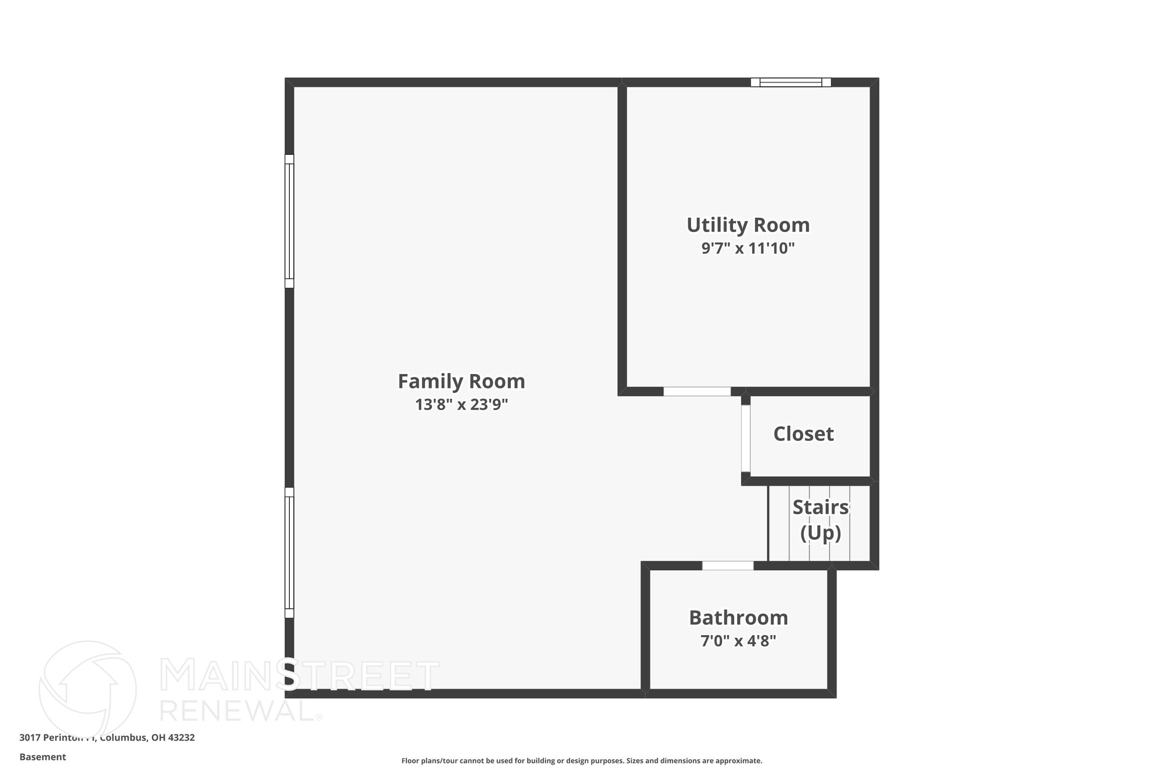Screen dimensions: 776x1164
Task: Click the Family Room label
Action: coord(461,381)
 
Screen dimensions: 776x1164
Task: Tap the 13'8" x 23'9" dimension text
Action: coord(461,405)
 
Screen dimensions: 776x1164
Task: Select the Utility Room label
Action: coord(748,225)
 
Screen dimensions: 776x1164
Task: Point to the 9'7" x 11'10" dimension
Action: coord(748,248)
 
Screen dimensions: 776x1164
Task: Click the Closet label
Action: coord(803,434)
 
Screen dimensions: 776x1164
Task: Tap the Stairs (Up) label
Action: coord(820,520)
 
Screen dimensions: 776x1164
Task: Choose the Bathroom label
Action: coord(738,618)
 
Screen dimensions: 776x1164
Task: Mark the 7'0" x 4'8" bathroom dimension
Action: coord(738,641)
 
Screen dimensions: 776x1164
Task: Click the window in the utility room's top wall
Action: coord(791,82)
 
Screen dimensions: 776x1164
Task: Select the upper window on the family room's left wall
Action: coord(289,221)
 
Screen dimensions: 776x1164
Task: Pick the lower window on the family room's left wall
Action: coord(289,553)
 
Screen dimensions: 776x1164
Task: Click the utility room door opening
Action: coord(697,392)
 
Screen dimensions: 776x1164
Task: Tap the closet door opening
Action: coord(745,438)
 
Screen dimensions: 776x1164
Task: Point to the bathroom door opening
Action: coord(727,566)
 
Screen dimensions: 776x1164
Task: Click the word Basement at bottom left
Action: coord(43,757)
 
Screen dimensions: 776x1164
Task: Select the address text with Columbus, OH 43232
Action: coord(107,738)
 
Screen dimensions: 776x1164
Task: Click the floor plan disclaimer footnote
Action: coord(581,761)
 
